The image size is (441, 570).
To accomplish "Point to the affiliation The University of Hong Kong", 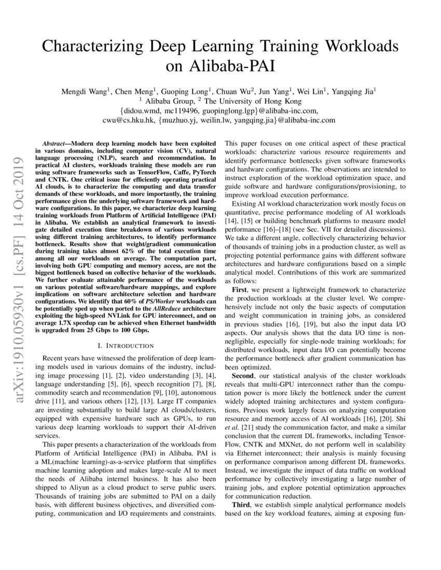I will click(255, 101).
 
